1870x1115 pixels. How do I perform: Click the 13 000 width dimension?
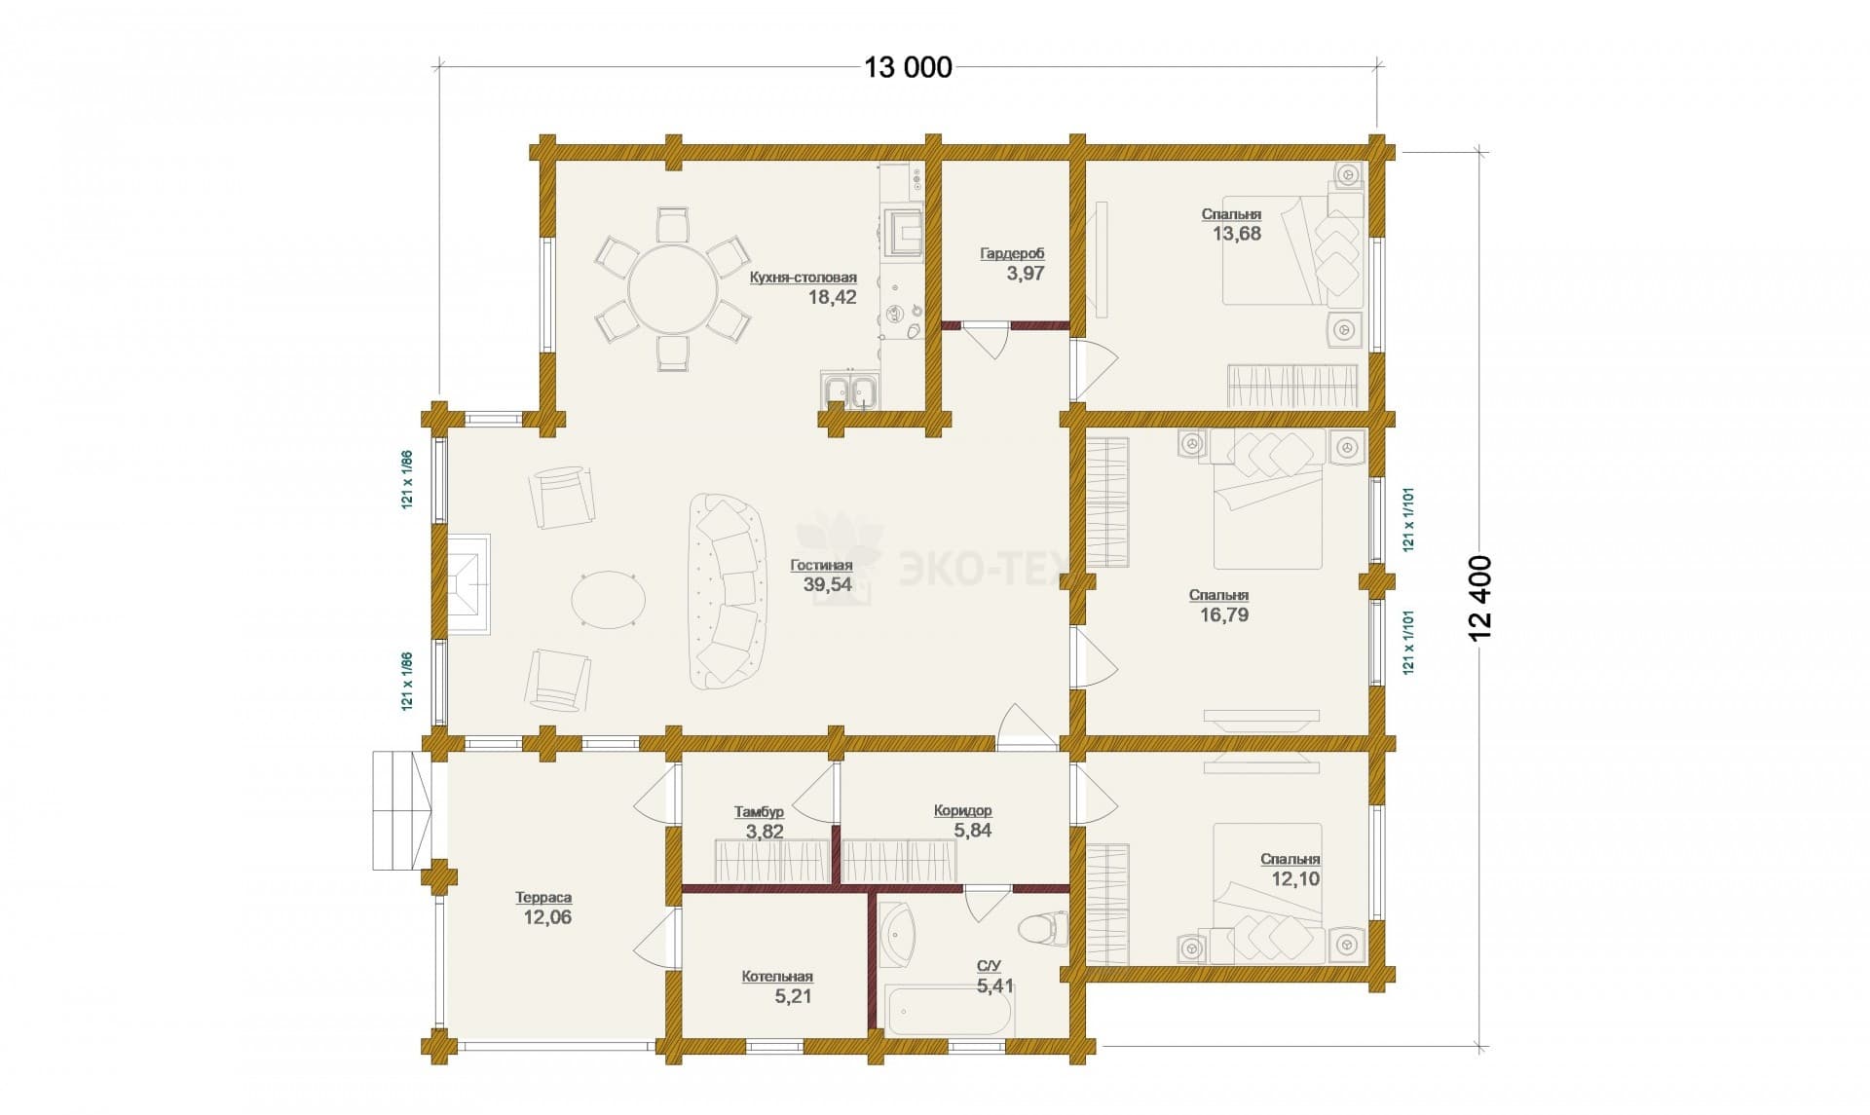pos(908,67)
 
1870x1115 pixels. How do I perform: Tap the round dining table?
pos(672,289)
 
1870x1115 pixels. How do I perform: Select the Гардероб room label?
pos(1012,254)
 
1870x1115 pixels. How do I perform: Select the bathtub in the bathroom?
pos(946,1009)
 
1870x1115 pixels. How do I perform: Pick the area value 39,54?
pos(827,584)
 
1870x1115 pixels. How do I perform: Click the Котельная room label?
pos(776,977)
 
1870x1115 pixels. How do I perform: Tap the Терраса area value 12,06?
pos(547,916)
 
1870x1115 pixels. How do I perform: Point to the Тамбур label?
pos(759,811)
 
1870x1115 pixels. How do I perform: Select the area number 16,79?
pos(1224,614)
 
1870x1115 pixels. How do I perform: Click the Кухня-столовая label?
pos(804,278)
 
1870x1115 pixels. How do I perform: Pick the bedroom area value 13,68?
pos(1237,233)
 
